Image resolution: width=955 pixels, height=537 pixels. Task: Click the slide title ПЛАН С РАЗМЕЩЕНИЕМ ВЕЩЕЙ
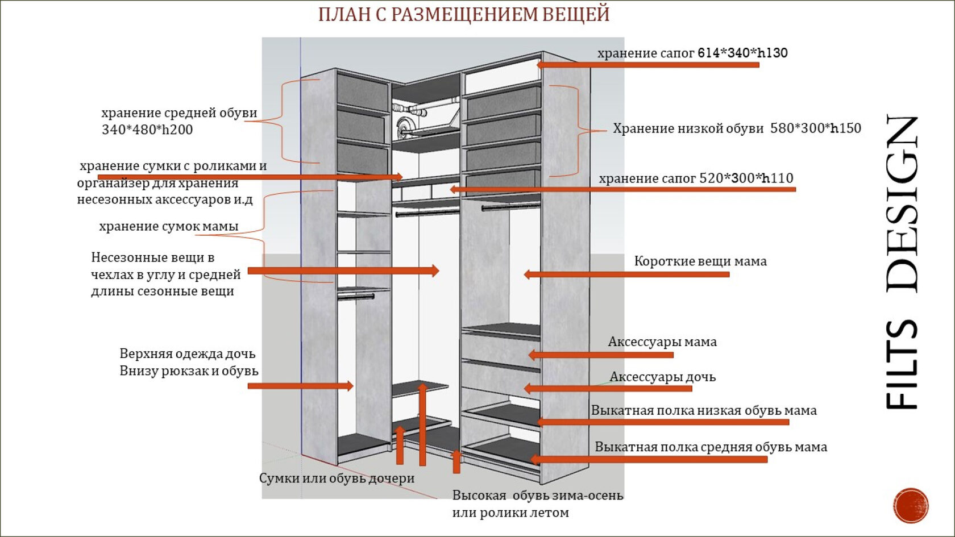[464, 15]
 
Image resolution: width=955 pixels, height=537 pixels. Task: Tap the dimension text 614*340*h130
[742, 53]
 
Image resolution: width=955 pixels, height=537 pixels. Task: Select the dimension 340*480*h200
[147, 130]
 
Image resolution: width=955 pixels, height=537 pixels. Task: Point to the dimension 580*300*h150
[816, 128]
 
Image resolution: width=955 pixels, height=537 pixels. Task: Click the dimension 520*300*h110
[746, 178]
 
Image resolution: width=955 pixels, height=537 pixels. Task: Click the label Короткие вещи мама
[700, 261]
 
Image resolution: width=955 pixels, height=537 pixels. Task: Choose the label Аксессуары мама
[662, 342]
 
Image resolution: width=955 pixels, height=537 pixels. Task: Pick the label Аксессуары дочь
[663, 377]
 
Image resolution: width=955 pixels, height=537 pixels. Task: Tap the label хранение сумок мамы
[169, 226]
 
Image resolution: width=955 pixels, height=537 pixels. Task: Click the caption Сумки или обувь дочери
[337, 478]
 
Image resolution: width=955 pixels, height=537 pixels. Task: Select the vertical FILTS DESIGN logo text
[902, 262]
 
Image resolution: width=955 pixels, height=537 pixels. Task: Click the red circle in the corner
[911, 505]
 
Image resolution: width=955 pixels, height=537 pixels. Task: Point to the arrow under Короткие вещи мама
[626, 274]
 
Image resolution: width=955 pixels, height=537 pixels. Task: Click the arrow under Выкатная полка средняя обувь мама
[649, 459]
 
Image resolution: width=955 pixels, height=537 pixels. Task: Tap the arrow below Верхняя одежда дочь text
[301, 386]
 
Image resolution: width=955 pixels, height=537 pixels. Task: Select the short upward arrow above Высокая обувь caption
[456, 461]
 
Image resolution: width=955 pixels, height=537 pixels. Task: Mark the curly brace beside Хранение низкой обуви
[578, 131]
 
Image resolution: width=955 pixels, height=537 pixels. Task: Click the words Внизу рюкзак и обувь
[189, 371]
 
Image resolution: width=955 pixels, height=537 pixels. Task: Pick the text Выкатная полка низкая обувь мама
[704, 410]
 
